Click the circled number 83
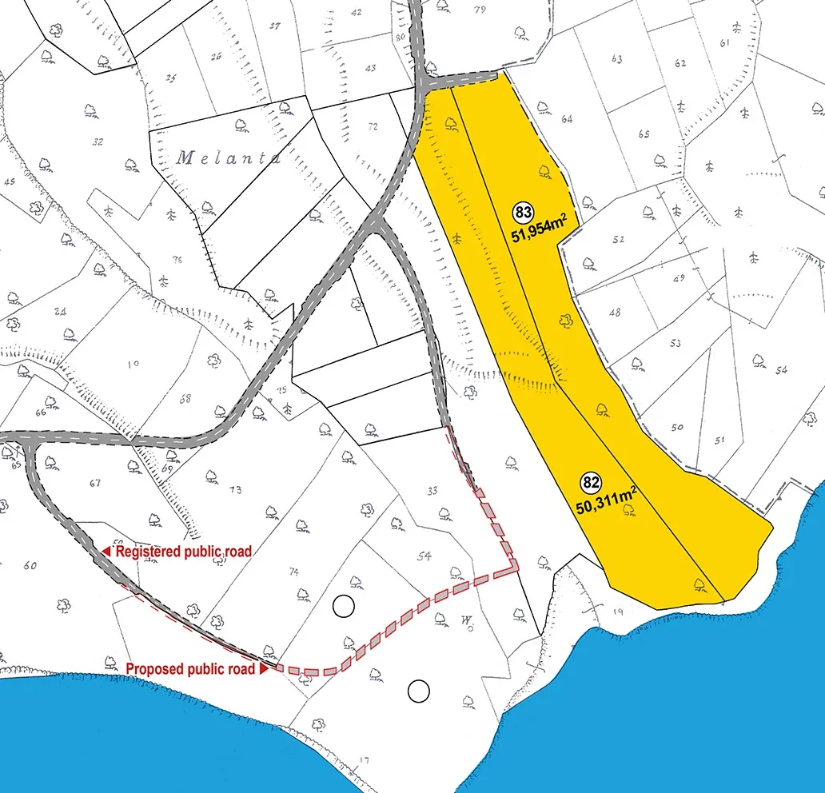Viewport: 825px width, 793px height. pyautogui.click(x=524, y=213)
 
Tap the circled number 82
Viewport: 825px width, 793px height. pyautogui.click(x=591, y=483)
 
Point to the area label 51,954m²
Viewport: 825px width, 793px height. pyautogui.click(x=544, y=234)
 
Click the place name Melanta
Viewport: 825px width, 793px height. pyautogui.click(x=229, y=157)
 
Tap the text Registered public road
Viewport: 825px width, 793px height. pyautogui.click(x=184, y=552)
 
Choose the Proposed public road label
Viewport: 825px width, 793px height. pyautogui.click(x=190, y=668)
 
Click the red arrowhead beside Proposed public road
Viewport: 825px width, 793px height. pyautogui.click(x=263, y=668)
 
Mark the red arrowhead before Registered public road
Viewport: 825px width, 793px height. pyautogui.click(x=106, y=552)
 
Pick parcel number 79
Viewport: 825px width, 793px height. pyautogui.click(x=480, y=10)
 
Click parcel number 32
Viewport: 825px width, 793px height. pyautogui.click(x=98, y=142)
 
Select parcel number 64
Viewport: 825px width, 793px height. pyautogui.click(x=567, y=119)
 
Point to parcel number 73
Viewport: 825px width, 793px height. pyautogui.click(x=235, y=489)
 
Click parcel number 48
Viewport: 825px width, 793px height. pyautogui.click(x=614, y=313)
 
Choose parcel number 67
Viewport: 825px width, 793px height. pyautogui.click(x=96, y=483)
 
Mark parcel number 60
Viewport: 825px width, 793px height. pyautogui.click(x=30, y=566)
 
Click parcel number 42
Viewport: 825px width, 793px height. pyautogui.click(x=356, y=12)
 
